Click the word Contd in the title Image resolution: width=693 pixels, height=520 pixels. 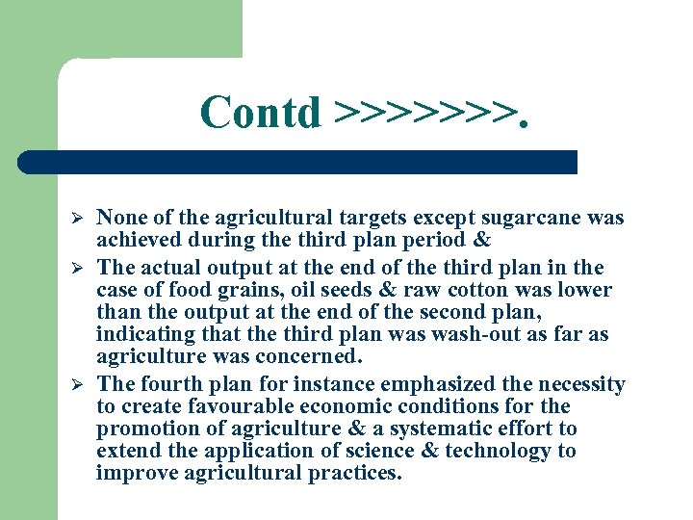260,113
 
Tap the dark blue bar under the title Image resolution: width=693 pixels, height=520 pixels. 298,162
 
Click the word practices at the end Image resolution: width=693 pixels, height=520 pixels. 352,474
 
